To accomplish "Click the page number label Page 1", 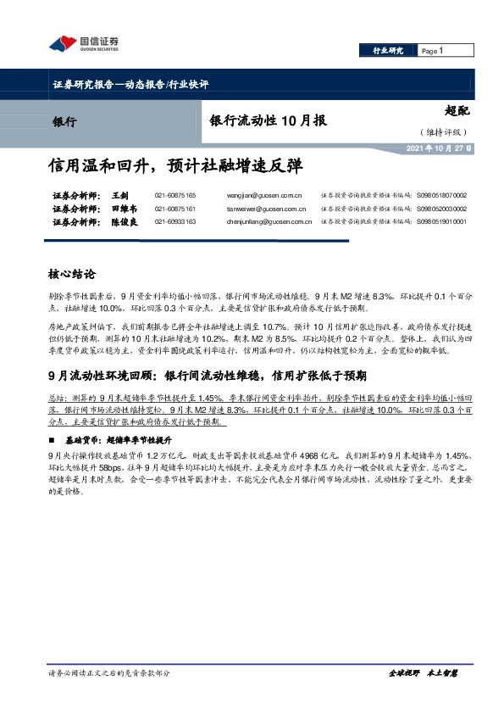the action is pyautogui.click(x=432, y=51).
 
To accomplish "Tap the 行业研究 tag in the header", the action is pyautogui.click(x=389, y=51).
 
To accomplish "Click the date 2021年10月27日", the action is pyautogui.click(x=440, y=148).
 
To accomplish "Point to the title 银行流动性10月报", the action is pyautogui.click(x=268, y=121).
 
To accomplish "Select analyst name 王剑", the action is pyautogui.click(x=119, y=195).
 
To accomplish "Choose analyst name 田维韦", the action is pyautogui.click(x=123, y=209).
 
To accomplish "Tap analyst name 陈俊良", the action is pyautogui.click(x=123, y=221).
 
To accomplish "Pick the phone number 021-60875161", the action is pyautogui.click(x=175, y=209).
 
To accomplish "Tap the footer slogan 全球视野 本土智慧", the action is pyautogui.click(x=424, y=673).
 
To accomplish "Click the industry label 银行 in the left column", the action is pyautogui.click(x=64, y=121).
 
